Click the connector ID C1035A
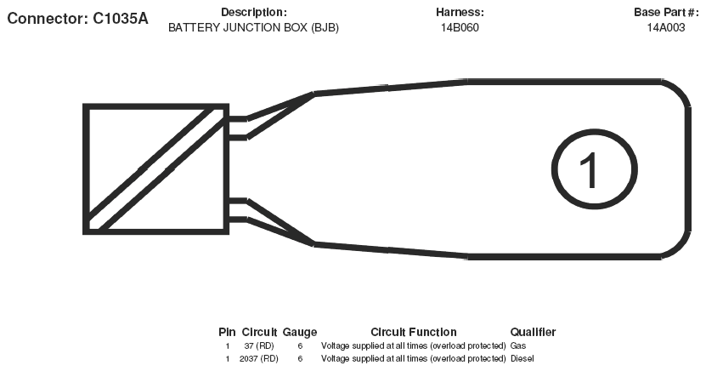pyautogui.click(x=121, y=19)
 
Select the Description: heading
pyautogui.click(x=253, y=12)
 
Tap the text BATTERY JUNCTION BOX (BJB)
pyautogui.click(x=253, y=27)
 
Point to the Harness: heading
pyautogui.click(x=460, y=12)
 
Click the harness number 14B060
pyautogui.click(x=460, y=27)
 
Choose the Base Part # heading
pyautogui.click(x=665, y=12)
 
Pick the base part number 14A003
pyautogui.click(x=666, y=27)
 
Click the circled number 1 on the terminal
pyautogui.click(x=595, y=169)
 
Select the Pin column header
pyautogui.click(x=227, y=332)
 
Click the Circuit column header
pyautogui.click(x=259, y=332)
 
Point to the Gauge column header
pyautogui.click(x=300, y=332)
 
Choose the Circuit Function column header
pyautogui.click(x=414, y=332)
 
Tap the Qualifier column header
pyautogui.click(x=533, y=332)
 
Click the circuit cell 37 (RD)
pyautogui.click(x=259, y=345)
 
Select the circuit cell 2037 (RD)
pyautogui.click(x=259, y=358)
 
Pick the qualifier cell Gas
pyautogui.click(x=518, y=345)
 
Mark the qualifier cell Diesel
pyautogui.click(x=522, y=358)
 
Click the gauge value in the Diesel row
pyautogui.click(x=300, y=358)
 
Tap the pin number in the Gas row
pyautogui.click(x=228, y=345)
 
